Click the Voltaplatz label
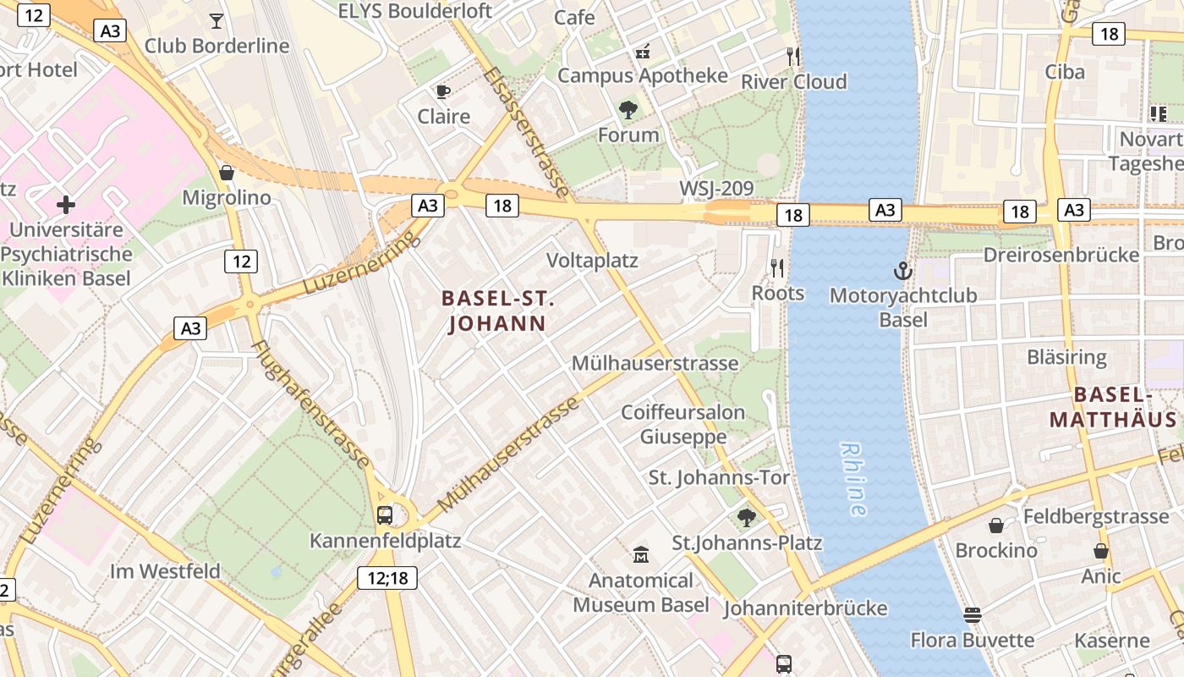coord(592,260)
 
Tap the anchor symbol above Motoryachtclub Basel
coord(903,271)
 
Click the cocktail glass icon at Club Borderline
coord(217,20)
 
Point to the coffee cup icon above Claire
coord(442,91)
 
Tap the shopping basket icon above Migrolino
coord(227,173)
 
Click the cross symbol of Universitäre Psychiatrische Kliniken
coord(65,204)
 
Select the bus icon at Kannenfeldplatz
coord(385,515)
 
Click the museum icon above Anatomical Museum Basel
coord(641,555)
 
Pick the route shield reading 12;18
coord(387,578)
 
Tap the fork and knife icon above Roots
coord(777,268)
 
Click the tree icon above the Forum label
coord(628,109)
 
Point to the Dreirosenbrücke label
coord(1061,255)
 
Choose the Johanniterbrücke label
coord(805,608)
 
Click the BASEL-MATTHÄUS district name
coord(1113,407)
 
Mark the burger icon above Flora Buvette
coord(973,614)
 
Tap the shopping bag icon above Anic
coord(1100,551)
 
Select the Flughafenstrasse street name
coord(310,405)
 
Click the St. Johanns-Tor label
coord(719,477)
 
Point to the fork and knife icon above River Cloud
coord(792,56)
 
